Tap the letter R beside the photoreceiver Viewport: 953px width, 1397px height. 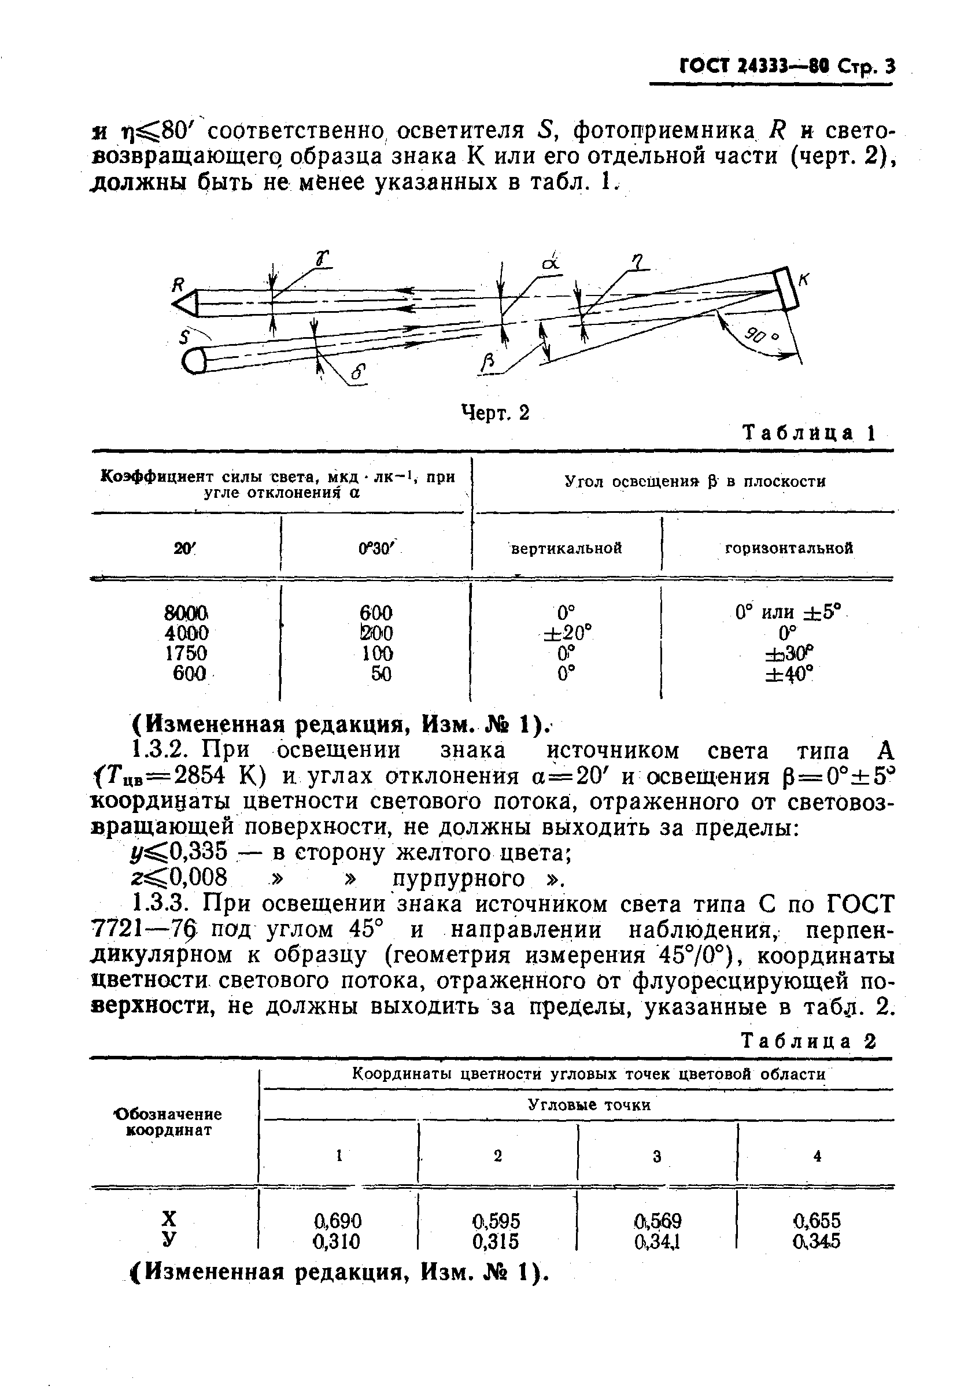tap(178, 285)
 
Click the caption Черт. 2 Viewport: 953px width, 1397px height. tap(495, 413)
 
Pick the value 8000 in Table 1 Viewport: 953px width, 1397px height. tap(186, 613)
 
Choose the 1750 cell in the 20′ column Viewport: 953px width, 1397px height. tap(186, 653)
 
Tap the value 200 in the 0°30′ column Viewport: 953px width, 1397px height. tap(376, 633)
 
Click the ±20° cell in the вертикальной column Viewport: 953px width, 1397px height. tap(567, 633)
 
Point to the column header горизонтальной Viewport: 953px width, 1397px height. tap(789, 548)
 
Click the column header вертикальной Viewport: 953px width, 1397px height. tap(566, 548)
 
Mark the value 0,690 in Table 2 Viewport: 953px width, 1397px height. tap(338, 1221)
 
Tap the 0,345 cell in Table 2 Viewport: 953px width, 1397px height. tap(817, 1241)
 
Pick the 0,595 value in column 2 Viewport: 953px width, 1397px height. tap(496, 1221)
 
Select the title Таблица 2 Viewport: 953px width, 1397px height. tap(808, 1041)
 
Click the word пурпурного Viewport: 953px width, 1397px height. tap(459, 879)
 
